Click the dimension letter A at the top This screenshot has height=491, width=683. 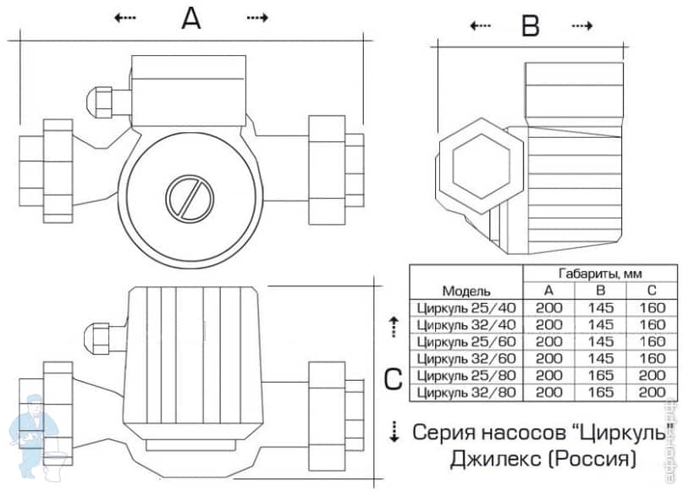pyautogui.click(x=192, y=18)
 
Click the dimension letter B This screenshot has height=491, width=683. pyautogui.click(x=530, y=26)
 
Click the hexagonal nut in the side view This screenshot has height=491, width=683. pyautogui.click(x=478, y=163)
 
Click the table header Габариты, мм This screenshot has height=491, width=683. pyautogui.click(x=600, y=274)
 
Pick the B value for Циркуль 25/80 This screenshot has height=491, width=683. pyautogui.click(x=601, y=376)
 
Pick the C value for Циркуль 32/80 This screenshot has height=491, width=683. pyautogui.click(x=652, y=393)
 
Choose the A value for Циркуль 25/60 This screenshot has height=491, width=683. pyautogui.click(x=549, y=342)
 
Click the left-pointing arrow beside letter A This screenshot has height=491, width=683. pyautogui.click(x=124, y=18)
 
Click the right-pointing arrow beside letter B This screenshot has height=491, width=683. pyautogui.click(x=581, y=26)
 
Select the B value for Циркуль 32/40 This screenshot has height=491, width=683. pyautogui.click(x=601, y=325)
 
